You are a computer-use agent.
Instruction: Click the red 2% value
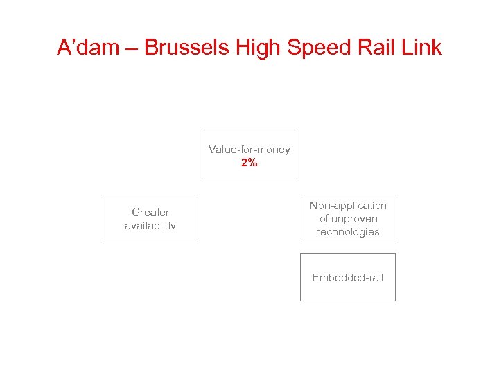249,163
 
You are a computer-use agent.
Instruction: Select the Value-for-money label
249,150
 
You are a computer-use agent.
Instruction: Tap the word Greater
150,212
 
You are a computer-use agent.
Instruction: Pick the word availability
150,226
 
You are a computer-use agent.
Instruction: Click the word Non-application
348,206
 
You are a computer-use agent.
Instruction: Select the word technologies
348,232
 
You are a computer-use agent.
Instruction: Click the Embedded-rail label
347,278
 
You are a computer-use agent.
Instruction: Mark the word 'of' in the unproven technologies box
324,219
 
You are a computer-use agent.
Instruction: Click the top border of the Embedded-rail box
347,253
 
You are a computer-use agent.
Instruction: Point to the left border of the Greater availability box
103,218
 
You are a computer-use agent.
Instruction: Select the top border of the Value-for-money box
249,132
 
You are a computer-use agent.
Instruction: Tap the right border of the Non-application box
396,218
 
